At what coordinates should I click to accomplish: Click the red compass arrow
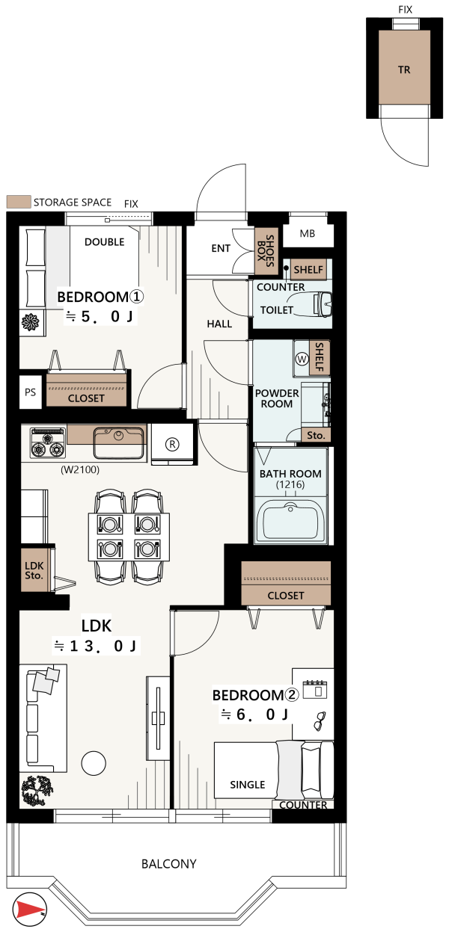tap(29, 909)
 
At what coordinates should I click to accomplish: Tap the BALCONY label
tap(169, 863)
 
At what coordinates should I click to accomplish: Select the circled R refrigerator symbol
tap(172, 444)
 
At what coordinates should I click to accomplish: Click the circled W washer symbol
tap(302, 359)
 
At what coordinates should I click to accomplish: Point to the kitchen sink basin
tap(119, 442)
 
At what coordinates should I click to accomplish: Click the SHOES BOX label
tap(266, 251)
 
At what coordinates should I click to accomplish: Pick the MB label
tap(308, 234)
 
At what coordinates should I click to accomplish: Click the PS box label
tap(30, 392)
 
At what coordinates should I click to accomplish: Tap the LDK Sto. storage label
tap(34, 570)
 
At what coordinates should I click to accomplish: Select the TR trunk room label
tap(404, 70)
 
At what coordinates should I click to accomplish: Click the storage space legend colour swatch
tap(19, 202)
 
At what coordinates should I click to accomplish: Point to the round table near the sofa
tap(94, 763)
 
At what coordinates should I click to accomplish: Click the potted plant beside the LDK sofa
tap(37, 790)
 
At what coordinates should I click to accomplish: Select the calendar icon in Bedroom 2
tap(315, 689)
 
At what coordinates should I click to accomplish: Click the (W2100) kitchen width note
tap(80, 469)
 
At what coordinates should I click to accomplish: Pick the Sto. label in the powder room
tap(316, 435)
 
